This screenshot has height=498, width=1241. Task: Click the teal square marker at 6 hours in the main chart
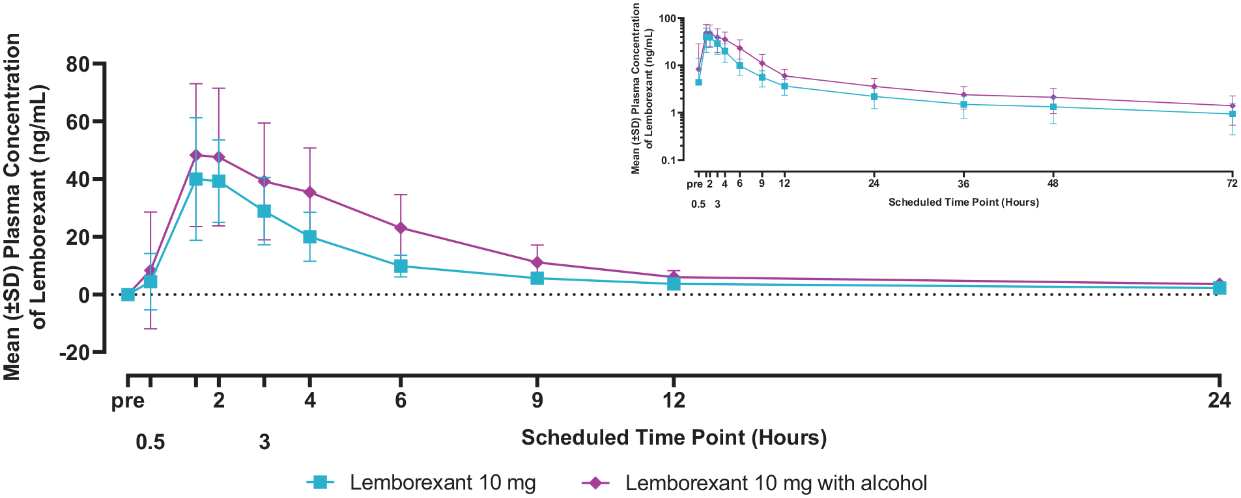(x=401, y=266)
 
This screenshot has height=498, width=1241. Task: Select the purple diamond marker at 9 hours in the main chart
(x=537, y=262)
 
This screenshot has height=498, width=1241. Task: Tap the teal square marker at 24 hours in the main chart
(x=1220, y=288)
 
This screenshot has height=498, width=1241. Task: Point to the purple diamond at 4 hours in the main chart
(x=310, y=192)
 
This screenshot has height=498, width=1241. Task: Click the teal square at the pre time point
(x=128, y=294)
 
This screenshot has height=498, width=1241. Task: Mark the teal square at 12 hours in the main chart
(x=674, y=284)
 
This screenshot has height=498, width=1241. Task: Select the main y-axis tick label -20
(x=74, y=352)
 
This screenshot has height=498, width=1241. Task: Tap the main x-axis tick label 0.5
(x=150, y=443)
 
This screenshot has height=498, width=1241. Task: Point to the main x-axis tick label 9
(x=537, y=400)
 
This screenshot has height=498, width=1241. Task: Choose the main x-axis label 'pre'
(x=128, y=402)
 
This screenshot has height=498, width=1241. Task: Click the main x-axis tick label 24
(x=1220, y=400)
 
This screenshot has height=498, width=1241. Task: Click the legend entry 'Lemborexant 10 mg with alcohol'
(x=776, y=483)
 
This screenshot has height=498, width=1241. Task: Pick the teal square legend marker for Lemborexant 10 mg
(x=321, y=482)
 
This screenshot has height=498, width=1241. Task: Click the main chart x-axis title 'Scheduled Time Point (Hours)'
(x=674, y=437)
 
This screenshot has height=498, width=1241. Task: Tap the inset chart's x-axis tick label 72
(x=1232, y=184)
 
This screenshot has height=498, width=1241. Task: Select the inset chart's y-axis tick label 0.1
(x=668, y=160)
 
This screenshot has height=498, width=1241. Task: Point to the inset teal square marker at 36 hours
(x=963, y=104)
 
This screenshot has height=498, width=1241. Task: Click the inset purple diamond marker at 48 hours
(x=1053, y=98)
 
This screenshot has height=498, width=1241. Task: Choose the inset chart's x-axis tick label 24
(x=874, y=184)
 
